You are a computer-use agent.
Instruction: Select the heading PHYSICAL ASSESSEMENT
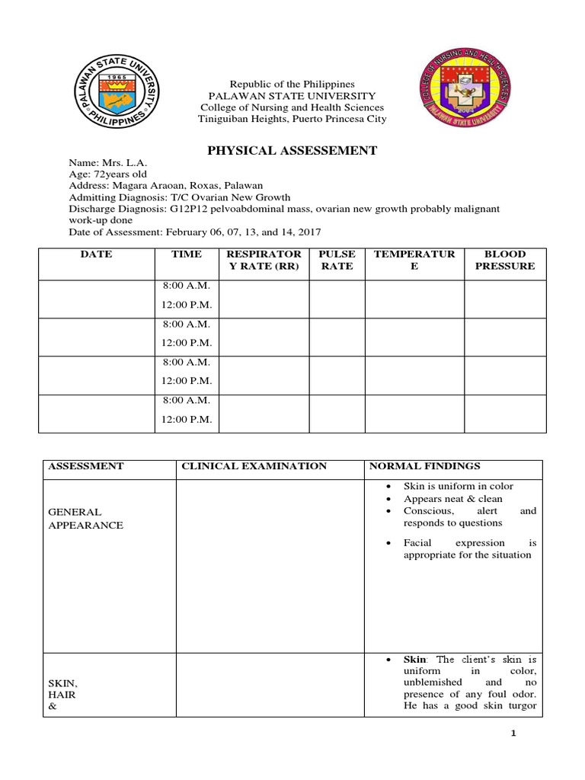[292, 151]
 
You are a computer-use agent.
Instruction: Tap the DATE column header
[96, 254]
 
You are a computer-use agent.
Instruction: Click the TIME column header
[187, 254]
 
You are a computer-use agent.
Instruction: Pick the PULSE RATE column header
[336, 261]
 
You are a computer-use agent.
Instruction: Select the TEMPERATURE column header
[414, 261]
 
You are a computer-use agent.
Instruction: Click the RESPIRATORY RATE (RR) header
[264, 261]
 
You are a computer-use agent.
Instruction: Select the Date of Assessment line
[195, 232]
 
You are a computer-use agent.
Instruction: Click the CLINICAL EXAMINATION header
[254, 466]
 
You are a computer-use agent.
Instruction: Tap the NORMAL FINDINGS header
[425, 466]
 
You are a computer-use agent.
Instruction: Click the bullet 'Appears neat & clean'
[452, 499]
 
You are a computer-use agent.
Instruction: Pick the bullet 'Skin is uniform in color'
[458, 486]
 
